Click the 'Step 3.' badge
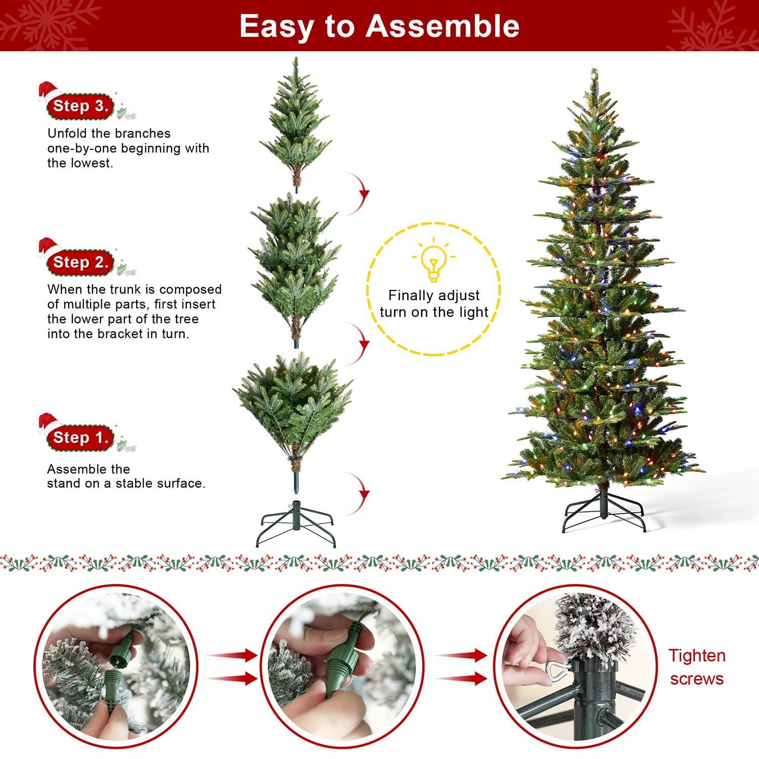[x=80, y=106]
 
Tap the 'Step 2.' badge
[x=80, y=262]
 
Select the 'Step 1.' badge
[x=80, y=438]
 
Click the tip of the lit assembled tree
[x=595, y=72]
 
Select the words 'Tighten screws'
[x=697, y=667]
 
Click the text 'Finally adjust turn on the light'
[x=434, y=304]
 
